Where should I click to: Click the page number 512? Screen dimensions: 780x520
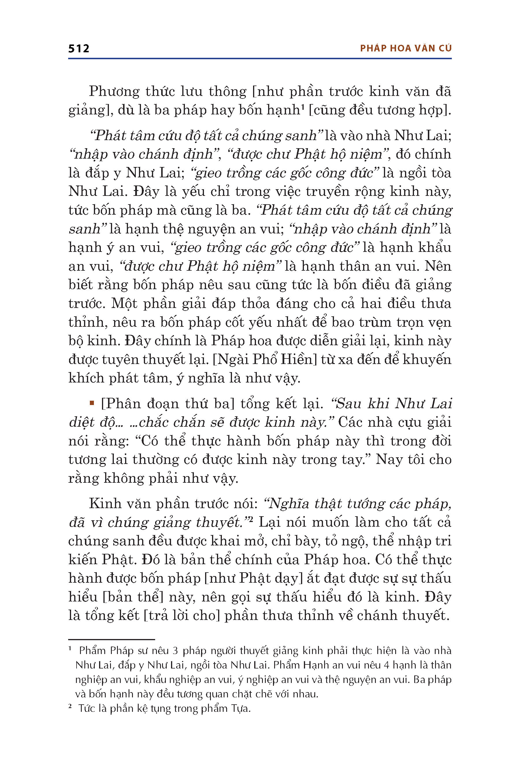tap(79, 49)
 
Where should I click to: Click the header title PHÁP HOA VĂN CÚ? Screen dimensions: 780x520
tap(406, 49)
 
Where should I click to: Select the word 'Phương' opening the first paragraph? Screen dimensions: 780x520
tap(114, 92)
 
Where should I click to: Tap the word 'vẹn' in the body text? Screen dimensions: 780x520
tap(440, 322)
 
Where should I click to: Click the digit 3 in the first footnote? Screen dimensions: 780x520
tap(175, 651)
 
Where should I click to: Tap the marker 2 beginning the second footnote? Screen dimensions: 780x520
tap(70, 707)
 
